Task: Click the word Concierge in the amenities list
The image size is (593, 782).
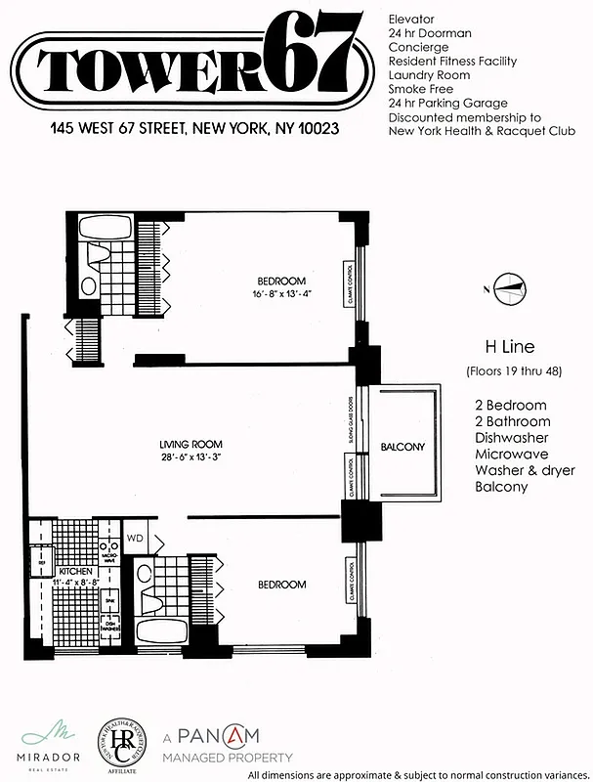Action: pyautogui.click(x=417, y=46)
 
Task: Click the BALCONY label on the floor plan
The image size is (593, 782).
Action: pyautogui.click(x=402, y=448)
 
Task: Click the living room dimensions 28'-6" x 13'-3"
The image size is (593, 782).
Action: pyautogui.click(x=192, y=456)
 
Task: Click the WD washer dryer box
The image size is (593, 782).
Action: pyautogui.click(x=135, y=538)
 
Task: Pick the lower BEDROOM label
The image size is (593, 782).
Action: pyautogui.click(x=281, y=585)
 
